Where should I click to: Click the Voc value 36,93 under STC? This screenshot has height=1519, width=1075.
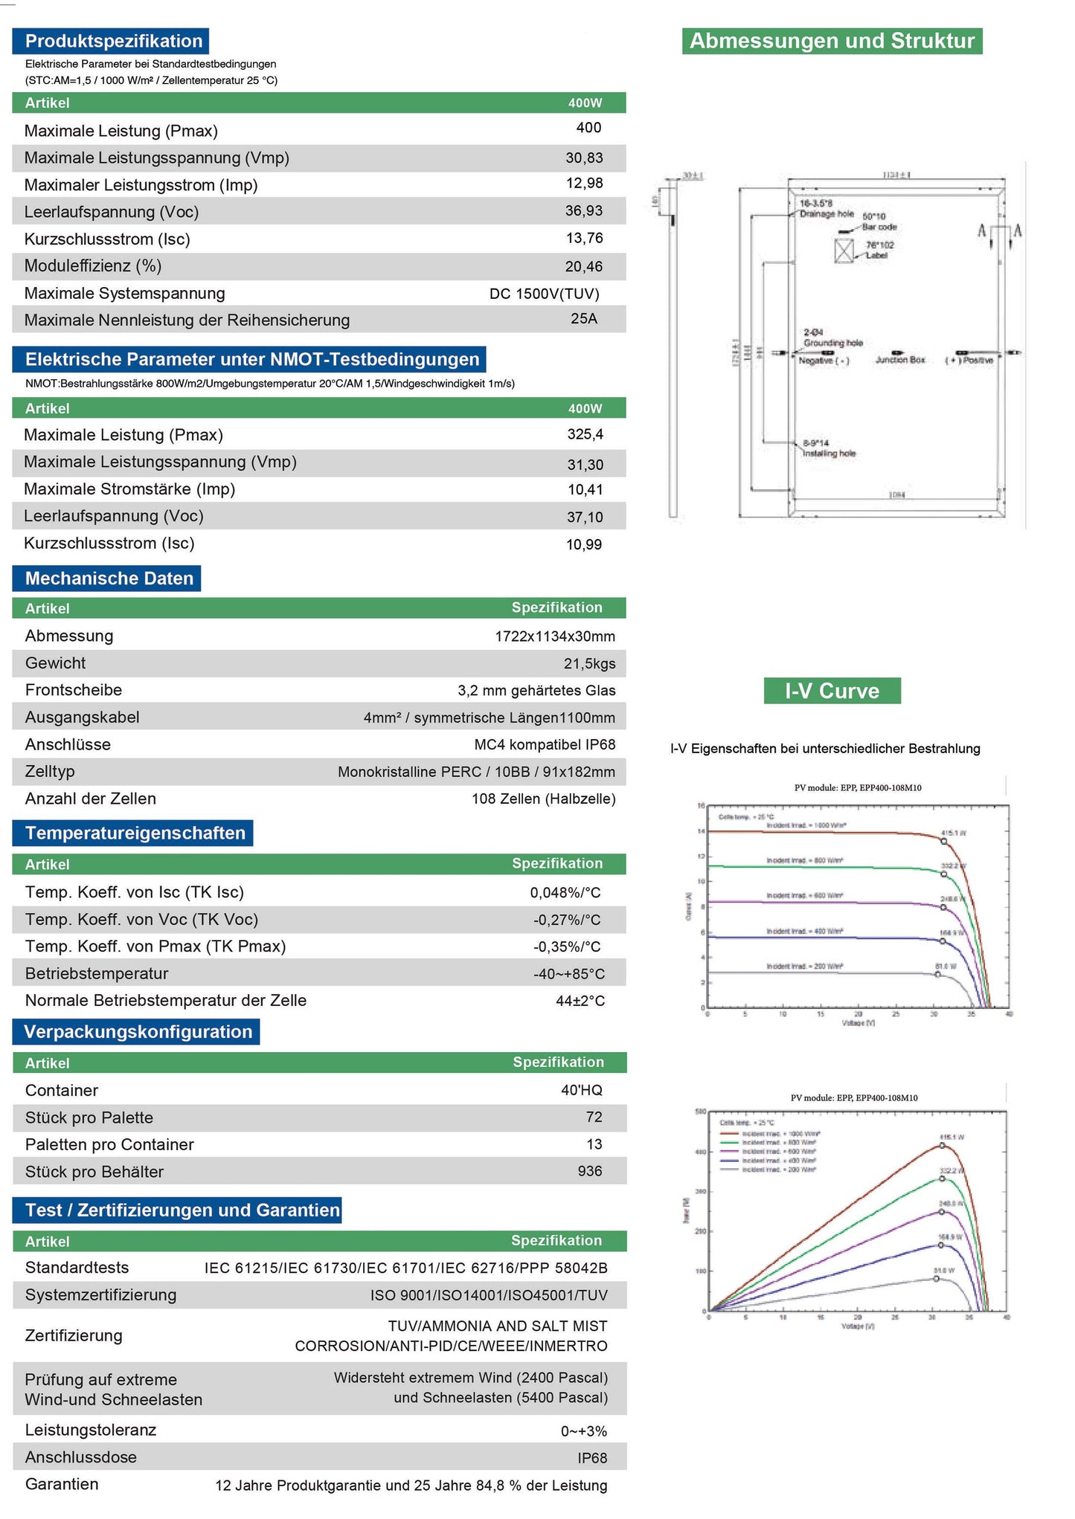pyautogui.click(x=584, y=211)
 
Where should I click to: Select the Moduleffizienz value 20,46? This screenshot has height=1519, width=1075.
pyautogui.click(x=584, y=266)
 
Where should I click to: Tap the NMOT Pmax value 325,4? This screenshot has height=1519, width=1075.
pyautogui.click(x=585, y=434)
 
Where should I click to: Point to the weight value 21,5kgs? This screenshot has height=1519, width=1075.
pyautogui.click(x=589, y=663)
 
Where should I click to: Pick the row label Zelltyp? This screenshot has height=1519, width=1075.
pyautogui.click(x=50, y=771)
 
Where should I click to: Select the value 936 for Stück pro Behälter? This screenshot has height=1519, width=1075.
pyautogui.click(x=589, y=1171)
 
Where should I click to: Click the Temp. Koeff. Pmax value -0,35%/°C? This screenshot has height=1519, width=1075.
pyautogui.click(x=566, y=946)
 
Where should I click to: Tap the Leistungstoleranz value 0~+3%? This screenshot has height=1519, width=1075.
pyautogui.click(x=583, y=1431)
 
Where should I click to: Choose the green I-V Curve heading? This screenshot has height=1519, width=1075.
pyautogui.click(x=832, y=691)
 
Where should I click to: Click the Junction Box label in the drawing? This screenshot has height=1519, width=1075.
pyautogui.click(x=899, y=360)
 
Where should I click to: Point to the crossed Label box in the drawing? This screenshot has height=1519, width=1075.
pyautogui.click(x=844, y=251)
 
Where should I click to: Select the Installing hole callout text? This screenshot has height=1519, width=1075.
pyautogui.click(x=829, y=454)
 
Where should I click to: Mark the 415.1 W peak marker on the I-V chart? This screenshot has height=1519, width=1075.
pyautogui.click(x=944, y=842)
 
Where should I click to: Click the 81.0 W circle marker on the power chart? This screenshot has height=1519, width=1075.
pyautogui.click(x=937, y=1279)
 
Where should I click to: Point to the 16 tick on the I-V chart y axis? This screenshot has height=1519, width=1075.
pyautogui.click(x=701, y=806)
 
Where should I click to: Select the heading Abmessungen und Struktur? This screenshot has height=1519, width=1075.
pyautogui.click(x=832, y=41)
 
